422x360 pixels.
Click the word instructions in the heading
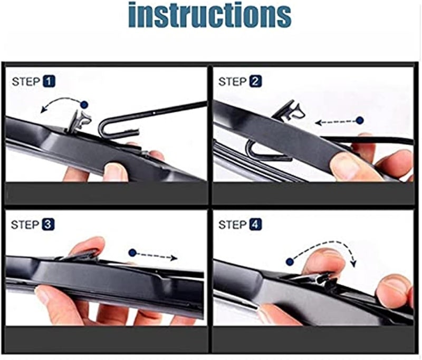click(210, 15)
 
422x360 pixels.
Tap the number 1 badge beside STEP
click(49, 82)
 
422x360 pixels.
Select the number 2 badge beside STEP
click(256, 82)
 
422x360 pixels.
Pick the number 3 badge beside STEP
click(49, 225)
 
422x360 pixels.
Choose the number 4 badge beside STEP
click(256, 225)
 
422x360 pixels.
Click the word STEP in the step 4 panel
click(232, 225)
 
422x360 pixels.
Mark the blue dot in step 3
click(132, 252)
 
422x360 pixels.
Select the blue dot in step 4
click(289, 261)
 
